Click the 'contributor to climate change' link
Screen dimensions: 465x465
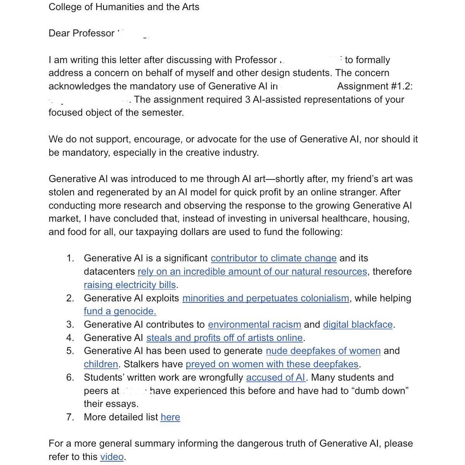pyautogui.click(x=273, y=258)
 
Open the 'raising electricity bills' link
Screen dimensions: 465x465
pyautogui.click(x=130, y=285)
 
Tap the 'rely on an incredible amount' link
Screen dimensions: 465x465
pyautogui.click(x=252, y=272)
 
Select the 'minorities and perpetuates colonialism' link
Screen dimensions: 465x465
pyautogui.click(x=265, y=298)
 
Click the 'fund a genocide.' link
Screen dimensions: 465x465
pyautogui.click(x=120, y=311)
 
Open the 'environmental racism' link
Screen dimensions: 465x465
pyautogui.click(x=254, y=324)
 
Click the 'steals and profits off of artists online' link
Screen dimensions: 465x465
pyautogui.click(x=224, y=338)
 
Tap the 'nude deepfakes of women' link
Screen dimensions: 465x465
pyautogui.click(x=323, y=351)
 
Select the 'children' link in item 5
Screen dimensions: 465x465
pyautogui.click(x=101, y=364)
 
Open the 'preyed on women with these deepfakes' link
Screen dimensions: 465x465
pyautogui.click(x=272, y=364)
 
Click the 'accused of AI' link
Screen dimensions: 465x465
pyautogui.click(x=276, y=377)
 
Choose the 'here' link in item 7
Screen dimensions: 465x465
pyautogui.click(x=170, y=417)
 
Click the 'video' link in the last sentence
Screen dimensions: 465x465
pyautogui.click(x=112, y=457)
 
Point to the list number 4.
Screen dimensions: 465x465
pyautogui.click(x=70, y=338)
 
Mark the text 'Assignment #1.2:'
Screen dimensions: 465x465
pyautogui.click(x=375, y=86)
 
